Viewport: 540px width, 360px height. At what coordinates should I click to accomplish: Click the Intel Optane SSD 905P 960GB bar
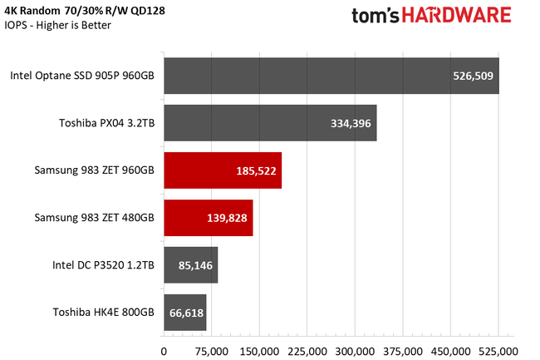[331, 76]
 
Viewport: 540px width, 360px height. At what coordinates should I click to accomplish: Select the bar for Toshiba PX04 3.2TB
[270, 123]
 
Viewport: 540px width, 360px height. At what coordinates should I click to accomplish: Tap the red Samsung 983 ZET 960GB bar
[223, 170]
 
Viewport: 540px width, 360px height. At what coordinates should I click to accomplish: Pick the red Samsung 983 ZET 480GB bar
[208, 218]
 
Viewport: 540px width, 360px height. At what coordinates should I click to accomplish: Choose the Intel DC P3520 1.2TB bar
[190, 265]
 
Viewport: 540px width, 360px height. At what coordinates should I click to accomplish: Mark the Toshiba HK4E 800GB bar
[184, 313]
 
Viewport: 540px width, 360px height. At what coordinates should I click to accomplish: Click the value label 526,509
[473, 76]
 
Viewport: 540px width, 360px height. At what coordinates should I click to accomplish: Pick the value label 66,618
[185, 313]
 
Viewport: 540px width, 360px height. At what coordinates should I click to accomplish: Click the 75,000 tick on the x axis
[212, 350]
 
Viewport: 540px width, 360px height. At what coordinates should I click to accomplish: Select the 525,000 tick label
[498, 350]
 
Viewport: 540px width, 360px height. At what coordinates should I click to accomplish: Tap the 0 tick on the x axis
[164, 350]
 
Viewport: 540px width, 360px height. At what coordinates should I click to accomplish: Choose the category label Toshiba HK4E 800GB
[102, 313]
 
